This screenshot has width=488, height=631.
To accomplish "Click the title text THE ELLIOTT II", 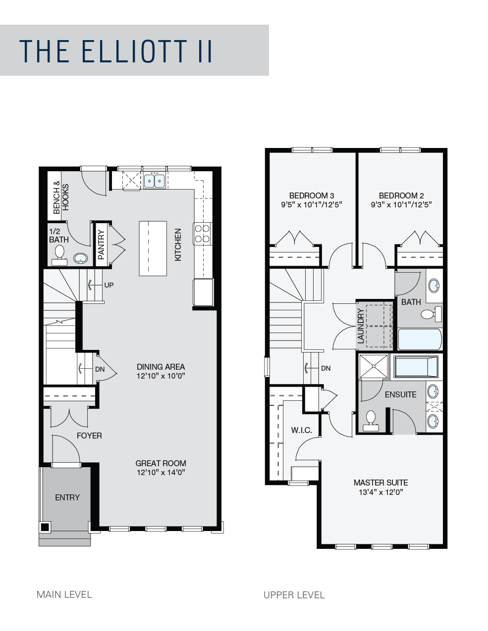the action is point(115,51).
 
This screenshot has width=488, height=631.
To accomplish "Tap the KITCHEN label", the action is point(178,244).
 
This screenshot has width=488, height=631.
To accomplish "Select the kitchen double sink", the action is point(155,181).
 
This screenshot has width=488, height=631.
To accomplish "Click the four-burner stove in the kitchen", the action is point(202,234).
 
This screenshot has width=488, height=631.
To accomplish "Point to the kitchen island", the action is point(153,248).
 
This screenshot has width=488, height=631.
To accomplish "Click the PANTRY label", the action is point(101,244).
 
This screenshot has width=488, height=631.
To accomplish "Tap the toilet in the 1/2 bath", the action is point(59,255).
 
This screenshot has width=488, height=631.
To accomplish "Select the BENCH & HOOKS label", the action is point(61,197).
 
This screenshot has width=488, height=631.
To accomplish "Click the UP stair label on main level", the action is point(108,285).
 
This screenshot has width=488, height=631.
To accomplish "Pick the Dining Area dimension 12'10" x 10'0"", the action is point(161,376).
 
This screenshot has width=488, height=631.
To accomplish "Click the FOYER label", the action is point(89,436).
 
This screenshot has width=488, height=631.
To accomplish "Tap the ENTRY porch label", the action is point(67,497).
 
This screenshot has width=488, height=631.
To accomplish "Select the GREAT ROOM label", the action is point(161,463).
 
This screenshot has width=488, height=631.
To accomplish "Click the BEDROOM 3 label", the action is point(312,195).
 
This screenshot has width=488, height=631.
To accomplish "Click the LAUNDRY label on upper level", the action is point(361,326).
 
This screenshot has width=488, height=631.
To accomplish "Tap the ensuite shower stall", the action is point(374,366).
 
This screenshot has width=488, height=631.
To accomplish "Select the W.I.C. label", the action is point(301,430).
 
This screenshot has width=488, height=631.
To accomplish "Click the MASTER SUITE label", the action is point(381,483).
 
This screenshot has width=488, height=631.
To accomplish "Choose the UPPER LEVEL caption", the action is point(294,595).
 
